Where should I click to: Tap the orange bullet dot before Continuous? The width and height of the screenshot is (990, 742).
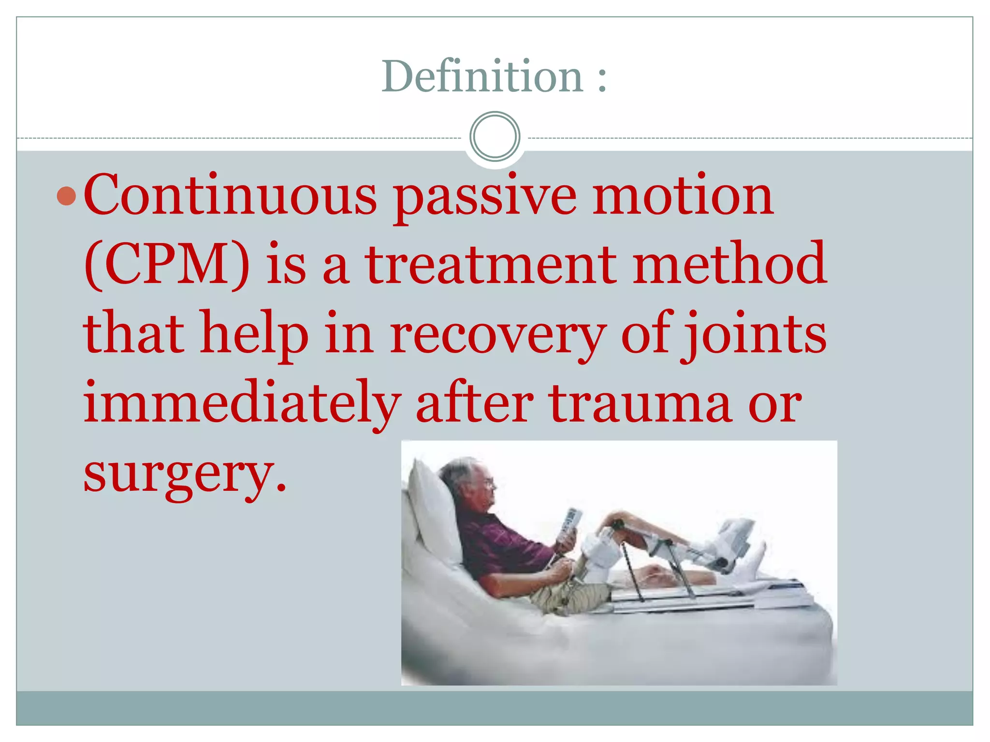(x=66, y=196)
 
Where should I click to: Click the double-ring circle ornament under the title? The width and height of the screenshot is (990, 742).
(x=495, y=137)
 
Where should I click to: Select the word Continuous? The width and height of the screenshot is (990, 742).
(x=230, y=195)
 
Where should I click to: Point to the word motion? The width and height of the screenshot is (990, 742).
(x=683, y=195)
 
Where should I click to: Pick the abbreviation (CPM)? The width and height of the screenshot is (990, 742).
(x=167, y=264)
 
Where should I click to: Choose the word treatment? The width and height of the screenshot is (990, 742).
(x=490, y=264)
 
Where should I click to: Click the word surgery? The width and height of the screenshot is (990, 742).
(x=179, y=473)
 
